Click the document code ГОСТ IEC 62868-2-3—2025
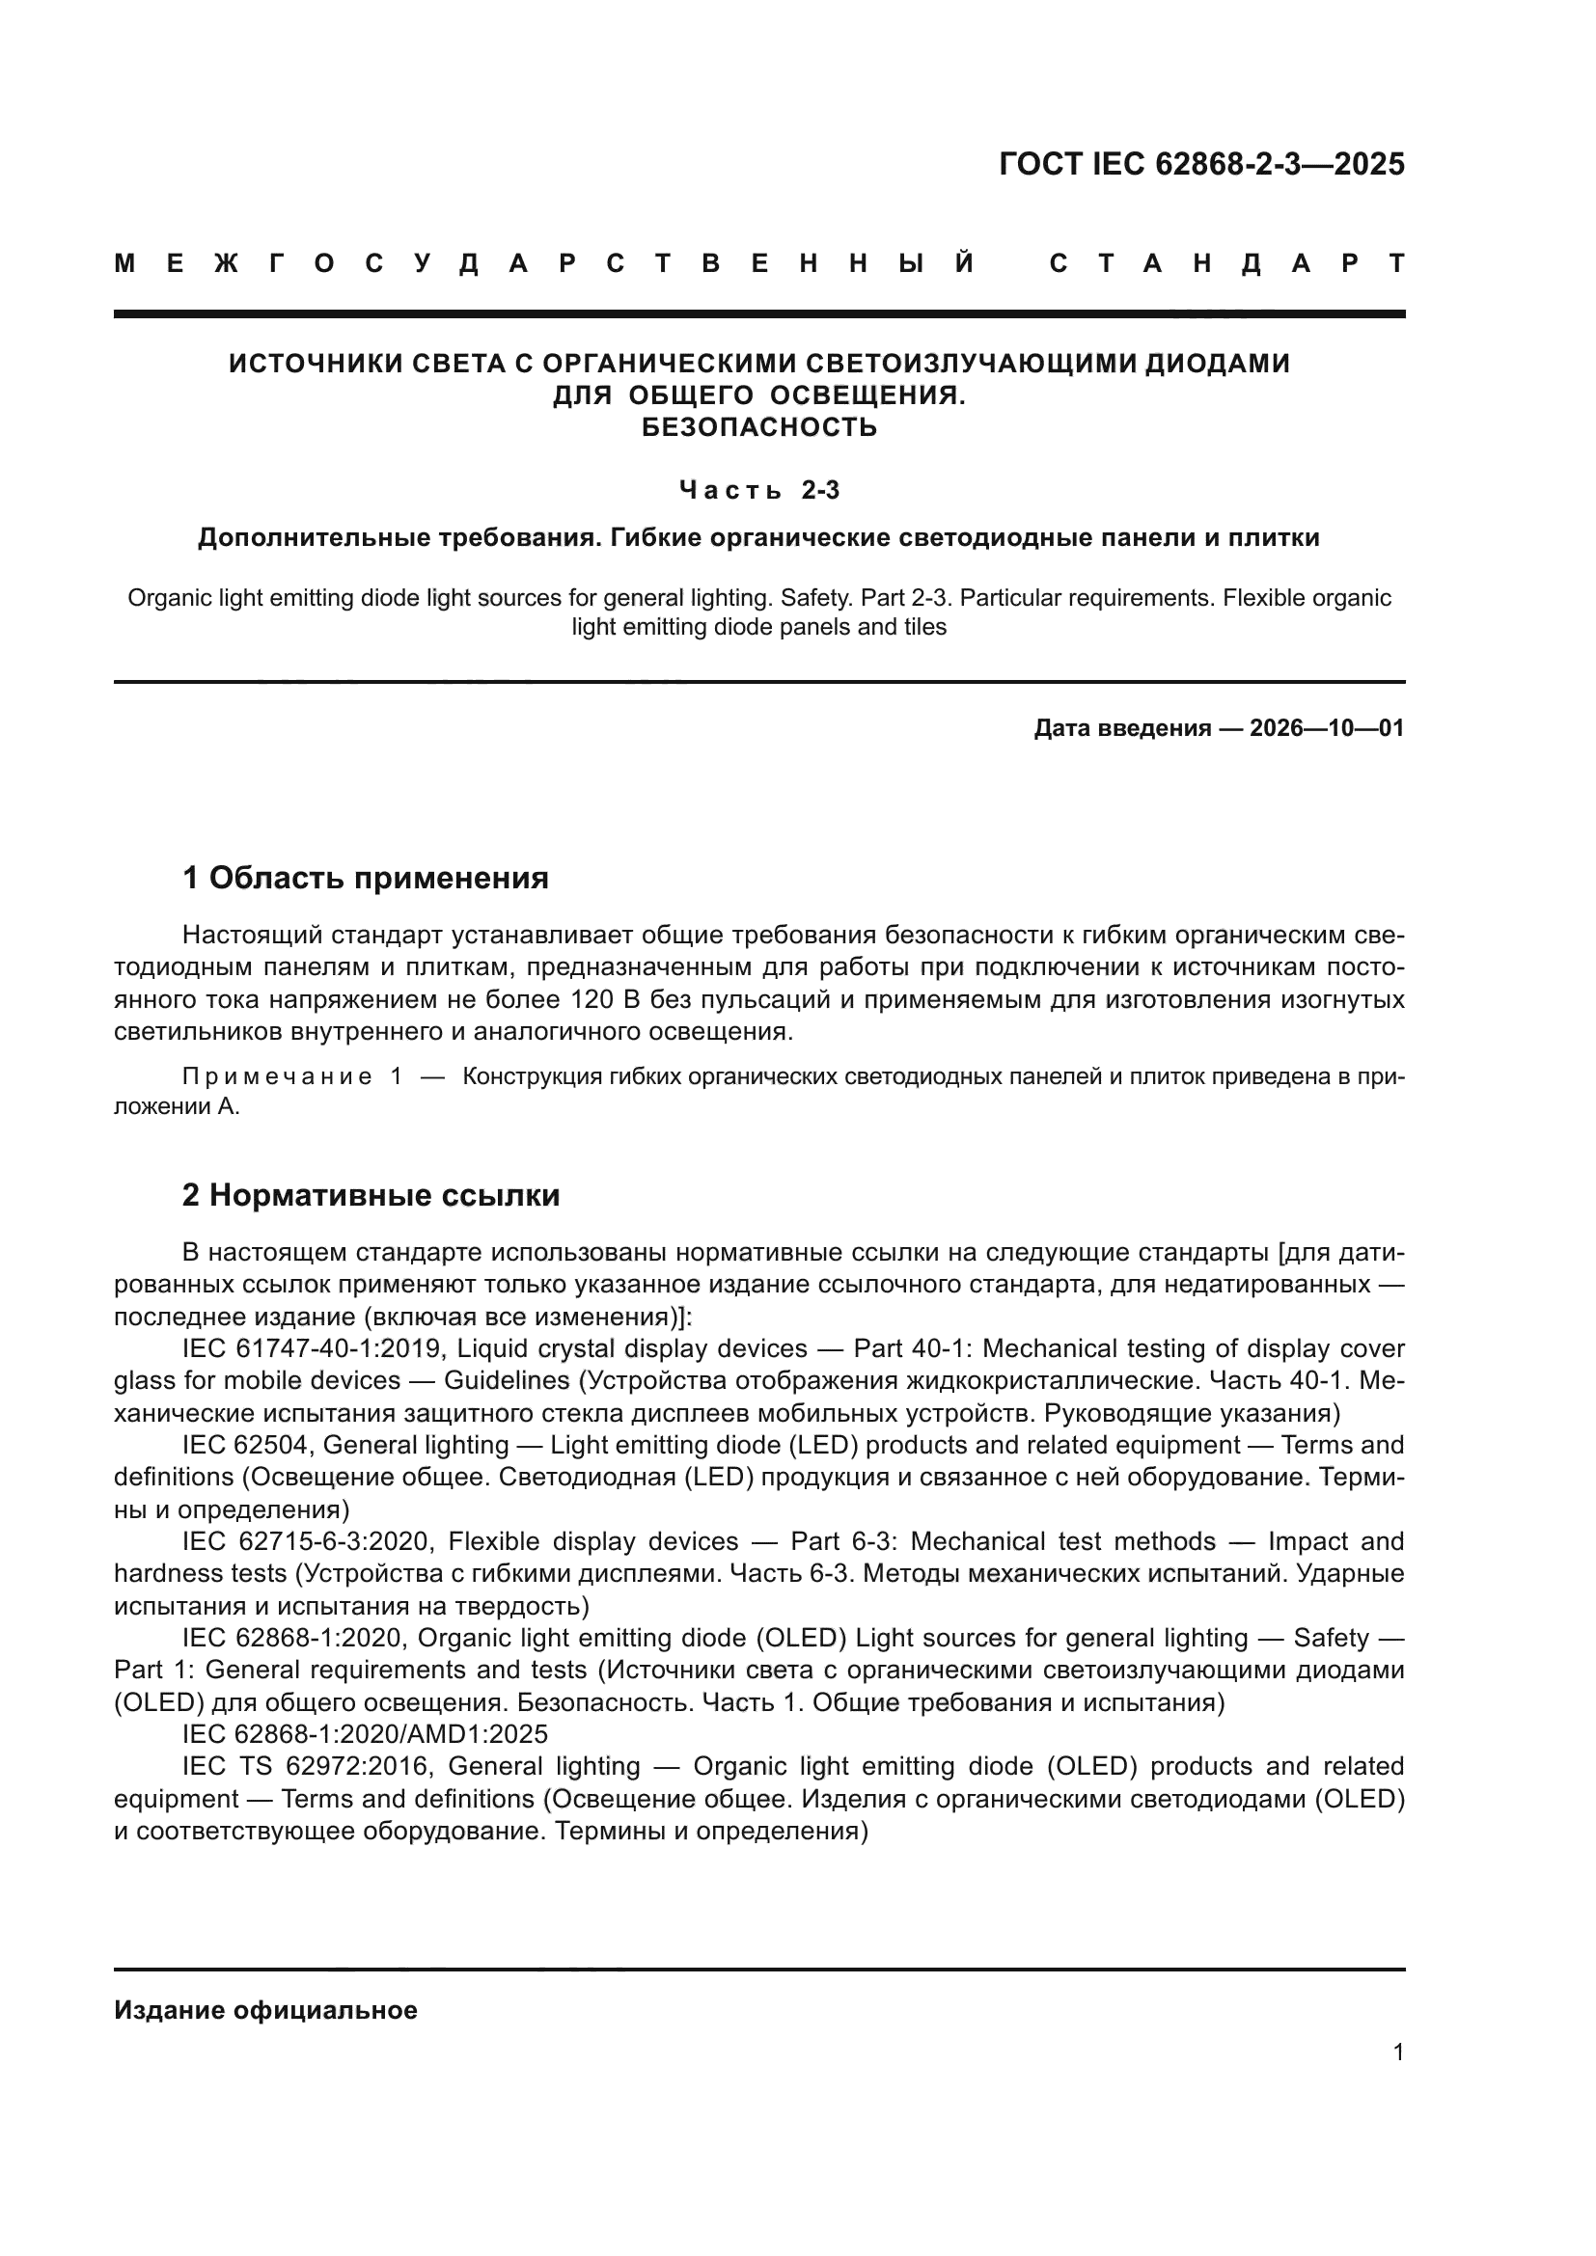[1201, 164]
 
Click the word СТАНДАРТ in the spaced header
[1226, 264]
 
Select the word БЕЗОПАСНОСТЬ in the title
[758, 427]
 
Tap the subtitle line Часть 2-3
[758, 489]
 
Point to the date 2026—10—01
[1327, 729]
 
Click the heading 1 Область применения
[366, 878]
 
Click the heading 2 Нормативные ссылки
[371, 1196]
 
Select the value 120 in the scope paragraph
[592, 1000]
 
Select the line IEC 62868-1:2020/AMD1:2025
[365, 1734]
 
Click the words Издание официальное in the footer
[265, 2010]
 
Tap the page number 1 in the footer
[1397, 2052]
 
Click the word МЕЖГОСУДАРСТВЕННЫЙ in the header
[544, 264]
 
